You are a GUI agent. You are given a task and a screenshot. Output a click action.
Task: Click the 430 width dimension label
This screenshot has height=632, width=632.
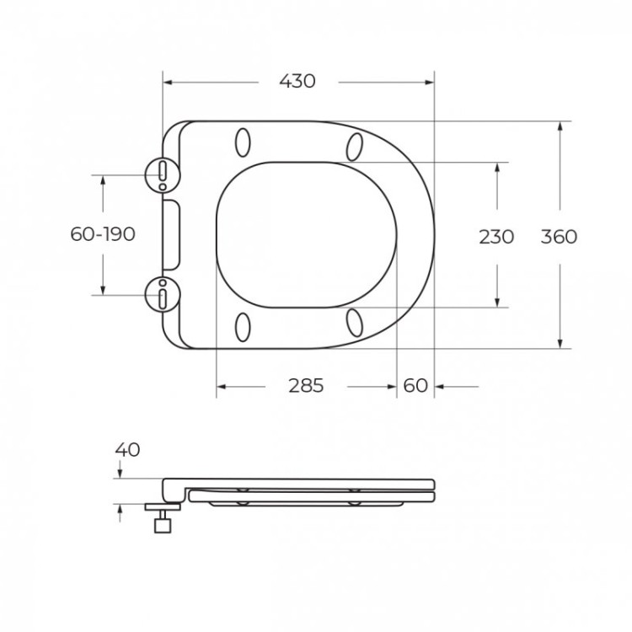click(297, 82)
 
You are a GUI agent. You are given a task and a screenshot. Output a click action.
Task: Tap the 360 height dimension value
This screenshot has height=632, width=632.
click(559, 237)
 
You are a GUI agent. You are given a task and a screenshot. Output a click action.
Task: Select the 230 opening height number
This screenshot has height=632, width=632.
click(496, 237)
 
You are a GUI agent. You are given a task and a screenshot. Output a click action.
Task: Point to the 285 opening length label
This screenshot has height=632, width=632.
click(306, 386)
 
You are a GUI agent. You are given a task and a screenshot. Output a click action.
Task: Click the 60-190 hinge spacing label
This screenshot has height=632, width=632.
click(103, 234)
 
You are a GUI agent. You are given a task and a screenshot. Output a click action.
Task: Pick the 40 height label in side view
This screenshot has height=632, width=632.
click(128, 449)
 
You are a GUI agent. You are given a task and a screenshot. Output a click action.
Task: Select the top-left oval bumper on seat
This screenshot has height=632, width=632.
click(244, 142)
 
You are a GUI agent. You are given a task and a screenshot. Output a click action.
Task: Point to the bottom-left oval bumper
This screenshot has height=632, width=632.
click(244, 326)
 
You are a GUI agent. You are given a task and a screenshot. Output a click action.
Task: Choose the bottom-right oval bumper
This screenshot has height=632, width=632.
click(356, 322)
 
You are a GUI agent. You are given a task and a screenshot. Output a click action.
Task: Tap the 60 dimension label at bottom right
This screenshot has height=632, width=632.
click(415, 386)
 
